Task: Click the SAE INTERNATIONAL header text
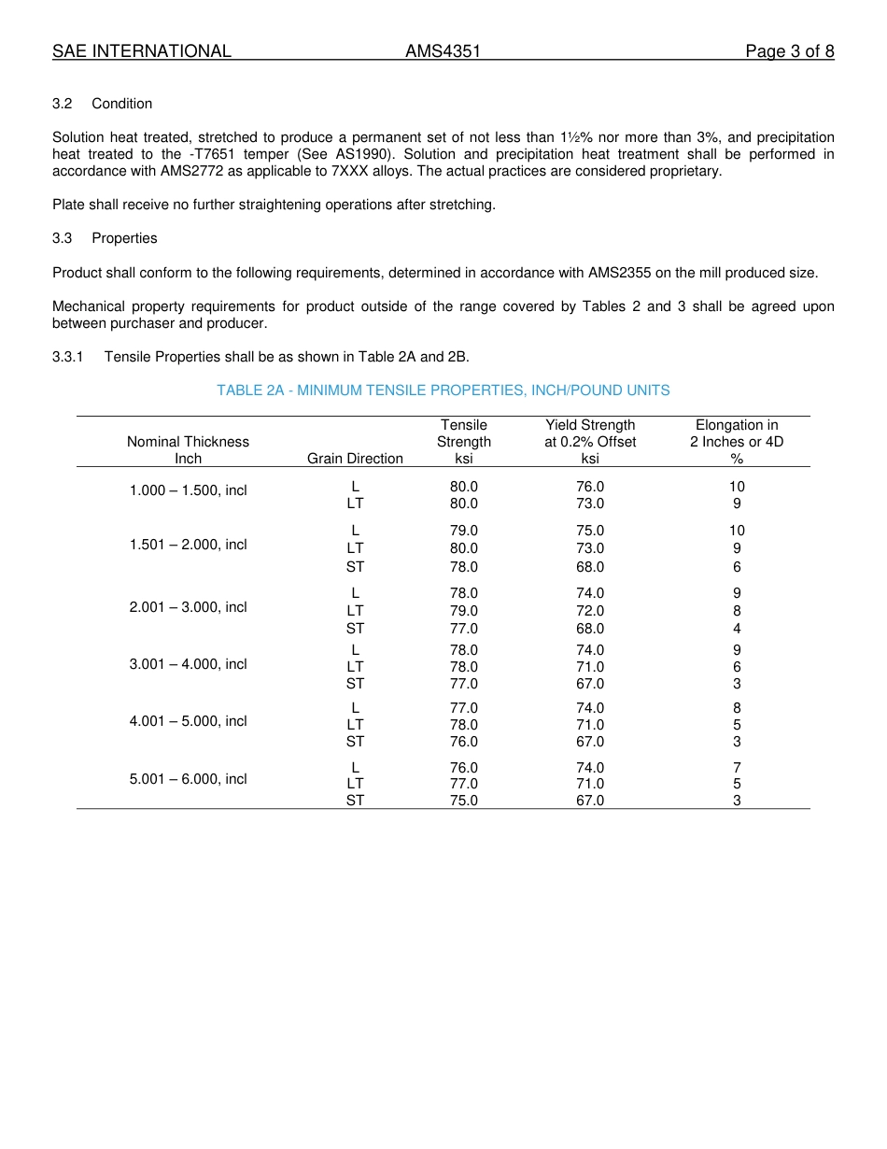142,51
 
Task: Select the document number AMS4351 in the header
443,51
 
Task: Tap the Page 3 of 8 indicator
789,51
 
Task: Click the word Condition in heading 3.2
121,104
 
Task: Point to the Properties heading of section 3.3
124,238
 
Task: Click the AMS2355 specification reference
621,273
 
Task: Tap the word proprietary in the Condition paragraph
683,171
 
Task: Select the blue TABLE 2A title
443,390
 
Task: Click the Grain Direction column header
355,459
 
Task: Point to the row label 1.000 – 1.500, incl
188,490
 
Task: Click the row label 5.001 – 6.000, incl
188,779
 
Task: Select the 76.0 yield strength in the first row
590,487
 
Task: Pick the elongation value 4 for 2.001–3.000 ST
737,629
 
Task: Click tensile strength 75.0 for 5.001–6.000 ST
464,801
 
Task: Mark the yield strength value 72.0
590,611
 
